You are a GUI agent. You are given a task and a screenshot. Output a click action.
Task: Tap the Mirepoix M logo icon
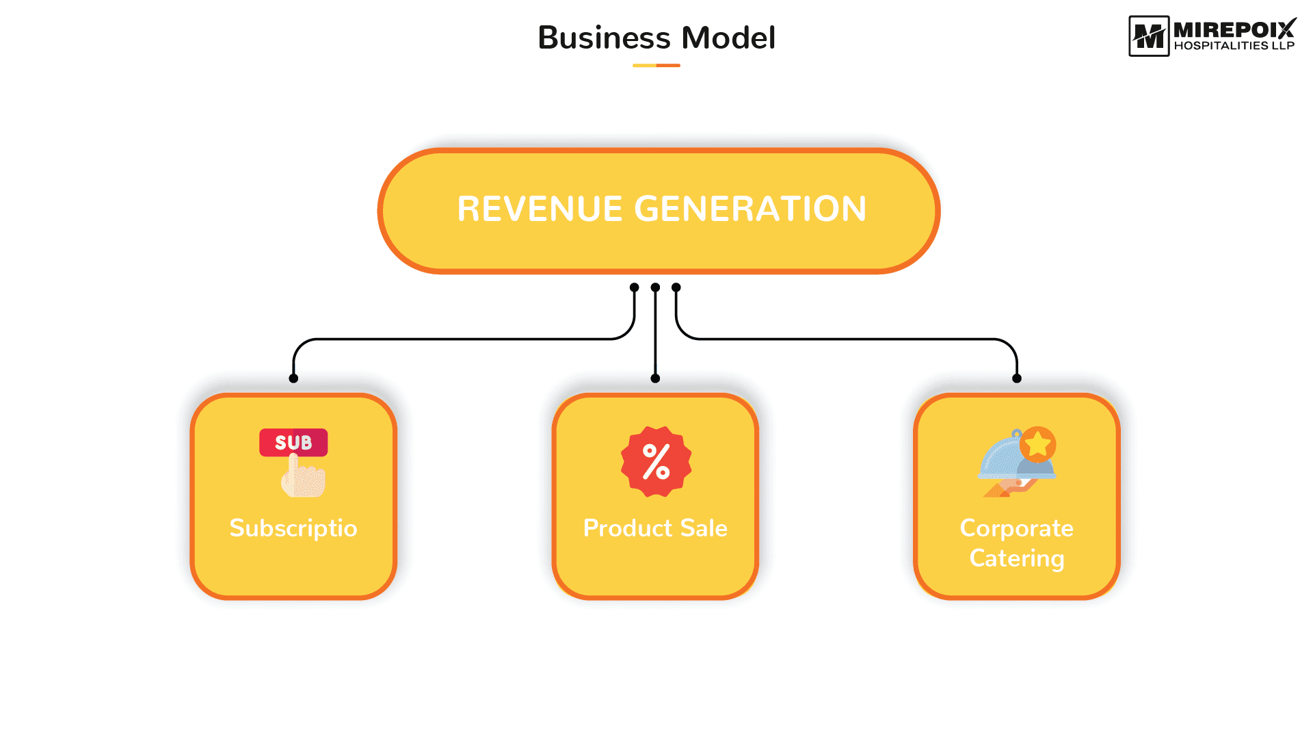(x=1149, y=36)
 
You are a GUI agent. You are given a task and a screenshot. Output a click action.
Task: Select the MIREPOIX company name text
(x=1235, y=29)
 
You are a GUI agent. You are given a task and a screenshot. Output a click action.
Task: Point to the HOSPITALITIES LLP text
(x=1234, y=46)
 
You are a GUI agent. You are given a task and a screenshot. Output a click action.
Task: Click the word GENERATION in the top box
(x=751, y=209)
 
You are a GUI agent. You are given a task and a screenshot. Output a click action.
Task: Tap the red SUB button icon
(x=293, y=443)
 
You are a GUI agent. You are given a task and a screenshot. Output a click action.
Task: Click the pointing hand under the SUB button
(x=302, y=476)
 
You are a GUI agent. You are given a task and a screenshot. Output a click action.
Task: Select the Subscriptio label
(x=293, y=528)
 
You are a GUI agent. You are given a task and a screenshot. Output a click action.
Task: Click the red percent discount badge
(x=656, y=462)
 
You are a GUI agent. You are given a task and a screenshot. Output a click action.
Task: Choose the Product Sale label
(x=655, y=528)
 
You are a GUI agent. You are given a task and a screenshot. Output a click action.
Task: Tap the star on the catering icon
(x=1038, y=444)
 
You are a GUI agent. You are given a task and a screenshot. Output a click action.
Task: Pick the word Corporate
(x=1017, y=528)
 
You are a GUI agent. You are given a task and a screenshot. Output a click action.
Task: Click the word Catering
(x=1017, y=558)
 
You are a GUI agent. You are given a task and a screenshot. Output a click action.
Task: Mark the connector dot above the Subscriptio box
(x=293, y=378)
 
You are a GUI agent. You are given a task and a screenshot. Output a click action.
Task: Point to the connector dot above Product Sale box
(x=655, y=378)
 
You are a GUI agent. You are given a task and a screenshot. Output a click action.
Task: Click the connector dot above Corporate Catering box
(x=1017, y=378)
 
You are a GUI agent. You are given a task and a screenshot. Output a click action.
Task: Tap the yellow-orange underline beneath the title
(x=656, y=66)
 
